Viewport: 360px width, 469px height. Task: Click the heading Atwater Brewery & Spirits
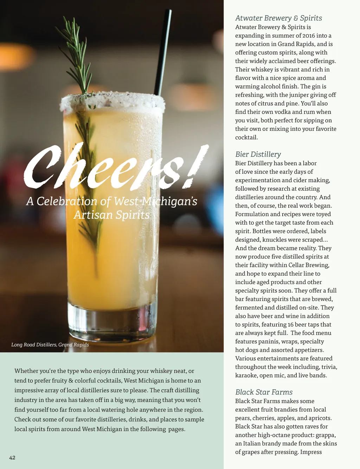(x=278, y=18)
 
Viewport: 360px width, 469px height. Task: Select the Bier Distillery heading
(x=258, y=154)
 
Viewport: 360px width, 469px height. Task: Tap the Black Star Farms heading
(x=264, y=392)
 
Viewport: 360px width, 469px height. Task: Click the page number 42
(x=12, y=458)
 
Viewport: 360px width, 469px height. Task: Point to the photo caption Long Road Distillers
(x=50, y=345)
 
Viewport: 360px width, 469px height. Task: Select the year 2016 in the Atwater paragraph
(x=308, y=36)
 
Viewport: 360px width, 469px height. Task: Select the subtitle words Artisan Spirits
(x=111, y=215)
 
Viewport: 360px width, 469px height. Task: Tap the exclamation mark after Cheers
(x=197, y=165)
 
